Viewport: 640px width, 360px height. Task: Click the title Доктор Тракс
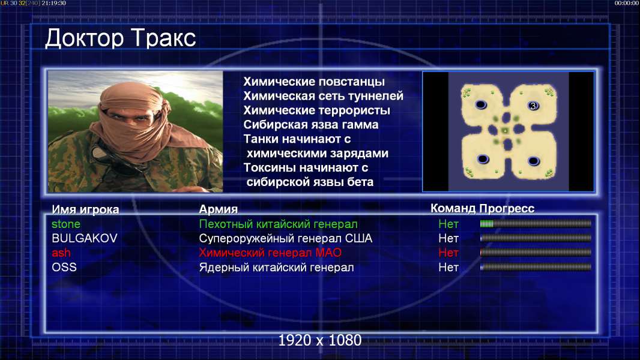point(121,38)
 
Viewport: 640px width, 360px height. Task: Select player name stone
point(65,224)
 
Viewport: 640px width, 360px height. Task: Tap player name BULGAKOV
point(85,238)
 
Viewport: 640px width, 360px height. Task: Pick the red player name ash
point(61,253)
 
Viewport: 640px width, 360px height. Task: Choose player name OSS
point(64,267)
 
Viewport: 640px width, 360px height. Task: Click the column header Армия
point(218,209)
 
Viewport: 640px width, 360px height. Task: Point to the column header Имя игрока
point(85,209)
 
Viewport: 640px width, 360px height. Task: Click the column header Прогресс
point(507,208)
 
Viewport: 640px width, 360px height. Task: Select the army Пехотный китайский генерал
point(278,224)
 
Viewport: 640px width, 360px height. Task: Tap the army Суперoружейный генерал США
point(285,239)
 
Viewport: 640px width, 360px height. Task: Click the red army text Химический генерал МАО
point(270,253)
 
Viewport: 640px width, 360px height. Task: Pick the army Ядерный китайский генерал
point(276,268)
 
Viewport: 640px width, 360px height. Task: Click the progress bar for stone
point(536,223)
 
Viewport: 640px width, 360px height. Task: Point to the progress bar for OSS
point(536,267)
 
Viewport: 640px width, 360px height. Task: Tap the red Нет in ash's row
point(448,253)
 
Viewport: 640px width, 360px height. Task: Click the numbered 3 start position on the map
point(533,106)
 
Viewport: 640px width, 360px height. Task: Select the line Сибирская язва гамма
point(310,125)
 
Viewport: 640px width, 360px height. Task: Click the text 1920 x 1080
point(319,340)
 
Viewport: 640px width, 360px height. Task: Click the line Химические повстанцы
point(314,82)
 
